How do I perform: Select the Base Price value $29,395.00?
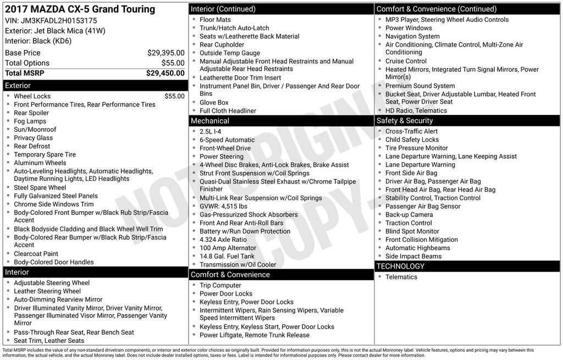(x=165, y=53)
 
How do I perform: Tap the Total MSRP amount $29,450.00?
(x=165, y=73)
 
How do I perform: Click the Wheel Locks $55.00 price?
(x=174, y=96)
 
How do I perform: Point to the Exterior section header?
(x=18, y=86)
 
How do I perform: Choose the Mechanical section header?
(x=210, y=121)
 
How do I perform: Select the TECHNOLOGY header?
(x=400, y=267)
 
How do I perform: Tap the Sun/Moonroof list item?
(x=35, y=130)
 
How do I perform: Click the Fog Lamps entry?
(x=30, y=121)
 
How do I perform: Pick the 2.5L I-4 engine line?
(x=211, y=132)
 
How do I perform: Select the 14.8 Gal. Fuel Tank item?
(x=227, y=256)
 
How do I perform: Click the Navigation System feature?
(x=412, y=36)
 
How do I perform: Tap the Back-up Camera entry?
(x=409, y=214)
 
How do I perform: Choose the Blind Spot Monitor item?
(x=412, y=231)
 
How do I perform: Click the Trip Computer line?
(x=220, y=285)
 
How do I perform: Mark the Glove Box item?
(x=214, y=102)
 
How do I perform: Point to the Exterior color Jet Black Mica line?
(x=55, y=30)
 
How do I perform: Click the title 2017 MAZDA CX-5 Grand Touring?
(x=80, y=9)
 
